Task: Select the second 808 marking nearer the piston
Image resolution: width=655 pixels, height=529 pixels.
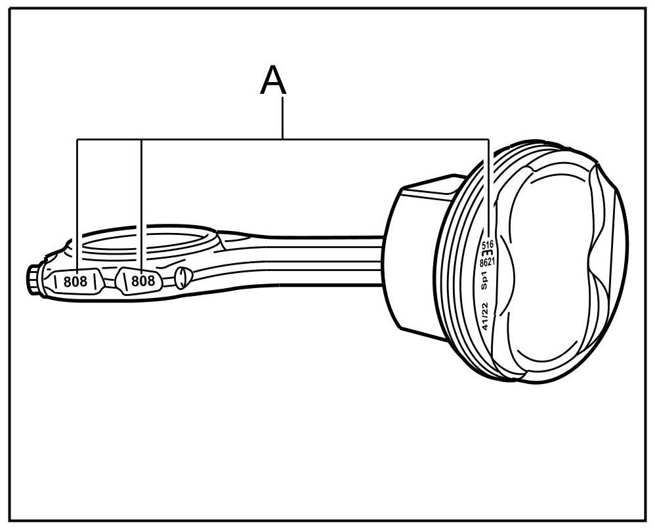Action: (x=143, y=282)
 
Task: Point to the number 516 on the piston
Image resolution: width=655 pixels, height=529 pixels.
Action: (x=487, y=245)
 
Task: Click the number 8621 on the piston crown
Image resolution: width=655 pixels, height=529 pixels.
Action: (x=486, y=261)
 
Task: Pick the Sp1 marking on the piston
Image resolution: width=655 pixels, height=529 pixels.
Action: (x=485, y=282)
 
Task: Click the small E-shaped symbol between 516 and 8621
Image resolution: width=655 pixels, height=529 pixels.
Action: (x=488, y=253)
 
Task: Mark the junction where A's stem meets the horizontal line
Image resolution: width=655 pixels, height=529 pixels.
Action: (x=284, y=138)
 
